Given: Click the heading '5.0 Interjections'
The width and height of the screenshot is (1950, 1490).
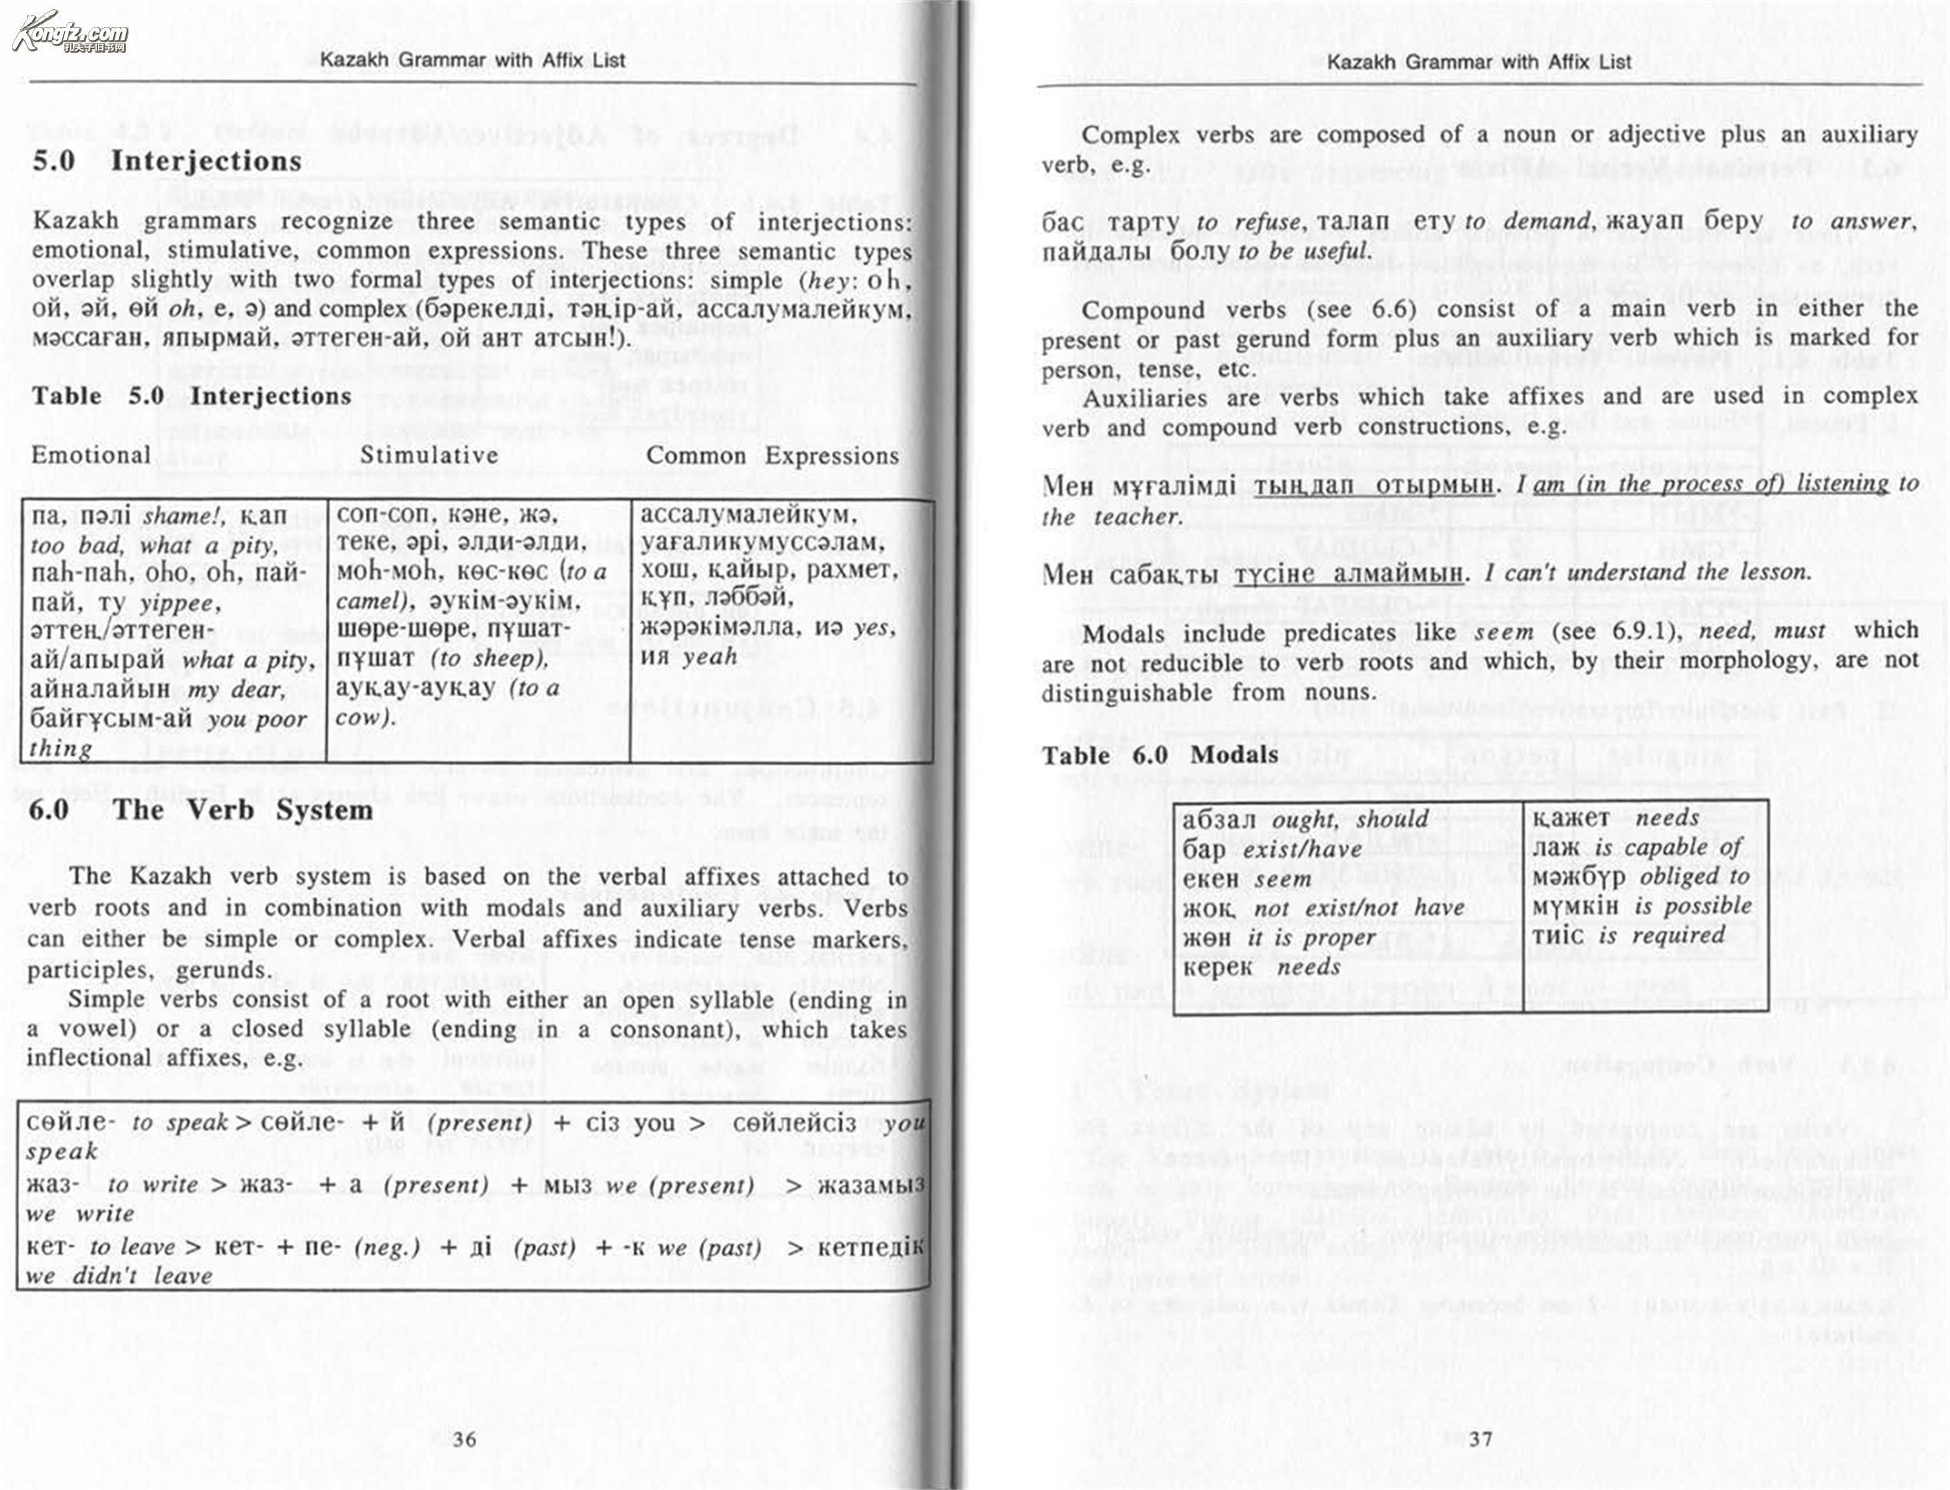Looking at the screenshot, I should pos(167,162).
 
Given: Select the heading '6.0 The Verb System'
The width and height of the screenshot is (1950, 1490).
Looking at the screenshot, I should pos(200,810).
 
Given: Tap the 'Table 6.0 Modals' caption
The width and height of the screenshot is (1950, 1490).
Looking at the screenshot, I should pos(1160,756).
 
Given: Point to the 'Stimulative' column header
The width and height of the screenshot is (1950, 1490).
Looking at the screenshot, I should pos(429,456).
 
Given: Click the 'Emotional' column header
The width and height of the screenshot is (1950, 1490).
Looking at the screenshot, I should pos(91,456).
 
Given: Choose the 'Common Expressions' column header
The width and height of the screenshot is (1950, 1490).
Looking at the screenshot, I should pos(773,456).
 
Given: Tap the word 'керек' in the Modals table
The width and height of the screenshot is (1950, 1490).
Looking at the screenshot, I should pos(1218,967).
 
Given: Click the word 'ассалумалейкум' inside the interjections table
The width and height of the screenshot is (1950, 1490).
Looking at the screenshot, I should pos(750,514).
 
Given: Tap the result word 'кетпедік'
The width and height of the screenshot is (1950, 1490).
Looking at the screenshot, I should pos(871,1248).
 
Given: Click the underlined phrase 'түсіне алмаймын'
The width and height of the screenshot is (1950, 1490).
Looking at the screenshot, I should pos(1349,575).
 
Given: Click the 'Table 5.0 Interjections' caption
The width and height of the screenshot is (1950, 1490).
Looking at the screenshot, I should pos(192,396).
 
